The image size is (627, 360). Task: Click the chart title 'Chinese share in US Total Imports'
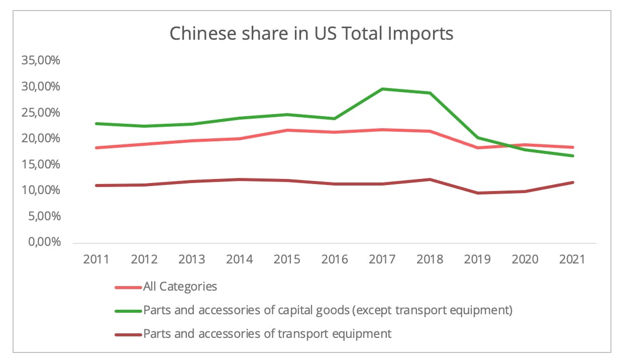click(311, 34)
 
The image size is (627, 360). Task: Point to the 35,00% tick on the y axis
click(40, 61)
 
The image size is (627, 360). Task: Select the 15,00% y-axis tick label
click(40, 164)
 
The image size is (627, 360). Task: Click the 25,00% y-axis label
click(40, 113)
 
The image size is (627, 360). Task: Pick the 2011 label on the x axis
click(96, 259)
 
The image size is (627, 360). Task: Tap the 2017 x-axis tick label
click(382, 259)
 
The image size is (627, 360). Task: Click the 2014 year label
click(239, 259)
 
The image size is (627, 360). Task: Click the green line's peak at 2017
click(382, 89)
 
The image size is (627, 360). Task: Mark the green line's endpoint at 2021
click(573, 156)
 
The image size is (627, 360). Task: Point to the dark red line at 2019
click(477, 193)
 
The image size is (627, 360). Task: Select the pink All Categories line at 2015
click(287, 130)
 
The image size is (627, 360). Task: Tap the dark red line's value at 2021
click(573, 182)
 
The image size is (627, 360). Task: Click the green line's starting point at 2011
click(96, 124)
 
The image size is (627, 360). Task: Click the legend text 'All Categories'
click(180, 287)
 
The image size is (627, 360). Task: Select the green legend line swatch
click(128, 311)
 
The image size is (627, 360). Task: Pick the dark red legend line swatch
click(128, 333)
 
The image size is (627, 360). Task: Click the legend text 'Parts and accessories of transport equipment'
click(267, 333)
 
